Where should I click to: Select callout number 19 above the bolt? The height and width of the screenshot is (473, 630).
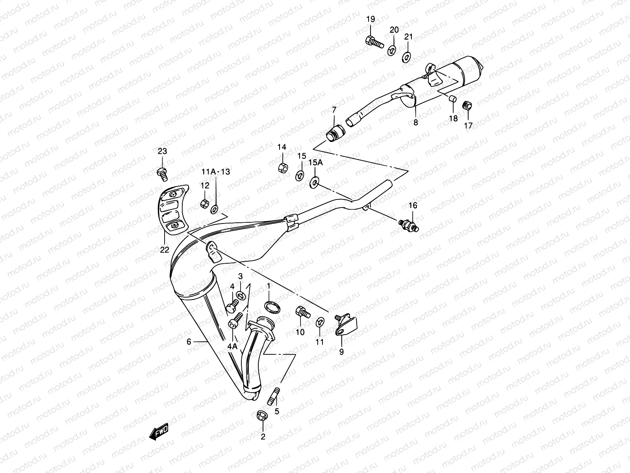371,19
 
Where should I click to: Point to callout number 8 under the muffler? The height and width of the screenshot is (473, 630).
416,123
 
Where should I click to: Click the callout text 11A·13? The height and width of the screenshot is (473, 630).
216,172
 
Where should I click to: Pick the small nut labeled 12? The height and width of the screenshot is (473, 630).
204,204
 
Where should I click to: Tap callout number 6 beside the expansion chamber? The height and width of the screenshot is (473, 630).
189,342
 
